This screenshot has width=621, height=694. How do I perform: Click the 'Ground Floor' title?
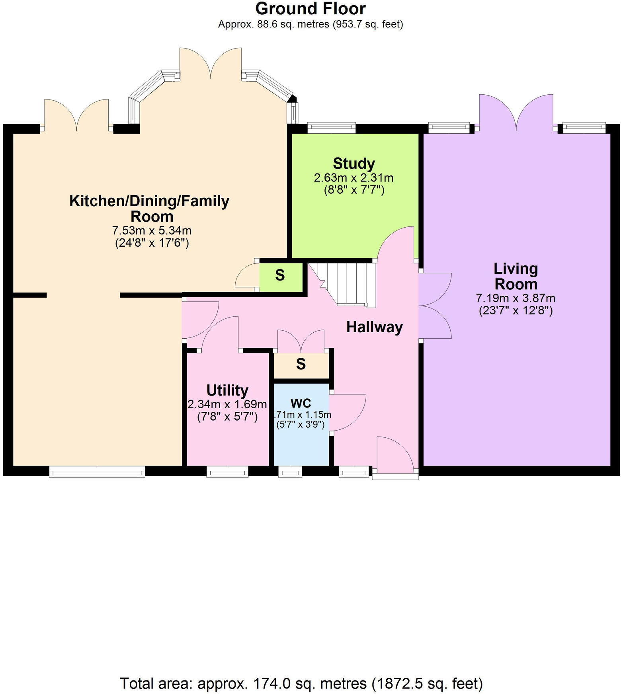[310, 9]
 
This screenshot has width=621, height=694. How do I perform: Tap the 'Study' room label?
[353, 164]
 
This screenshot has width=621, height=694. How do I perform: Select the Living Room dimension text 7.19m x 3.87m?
[516, 298]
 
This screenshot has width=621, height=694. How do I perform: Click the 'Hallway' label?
[374, 327]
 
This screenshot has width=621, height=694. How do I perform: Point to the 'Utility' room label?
[227, 390]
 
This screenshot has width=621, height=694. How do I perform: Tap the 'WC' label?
[301, 403]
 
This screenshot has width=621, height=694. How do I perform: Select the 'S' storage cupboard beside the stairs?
[280, 275]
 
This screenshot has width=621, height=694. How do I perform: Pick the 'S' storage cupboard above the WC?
[301, 364]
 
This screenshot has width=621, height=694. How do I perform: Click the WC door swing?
[347, 412]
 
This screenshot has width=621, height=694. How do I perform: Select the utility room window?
[227, 472]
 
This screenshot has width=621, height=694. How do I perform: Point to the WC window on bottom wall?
[290, 472]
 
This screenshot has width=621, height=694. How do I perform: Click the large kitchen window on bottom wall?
[97, 472]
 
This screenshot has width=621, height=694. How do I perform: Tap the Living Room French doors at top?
[516, 113]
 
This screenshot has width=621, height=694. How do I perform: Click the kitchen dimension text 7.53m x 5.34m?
[152, 231]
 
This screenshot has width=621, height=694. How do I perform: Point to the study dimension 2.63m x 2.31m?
[353, 178]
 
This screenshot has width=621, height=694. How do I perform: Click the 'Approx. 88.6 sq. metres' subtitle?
[310, 24]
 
